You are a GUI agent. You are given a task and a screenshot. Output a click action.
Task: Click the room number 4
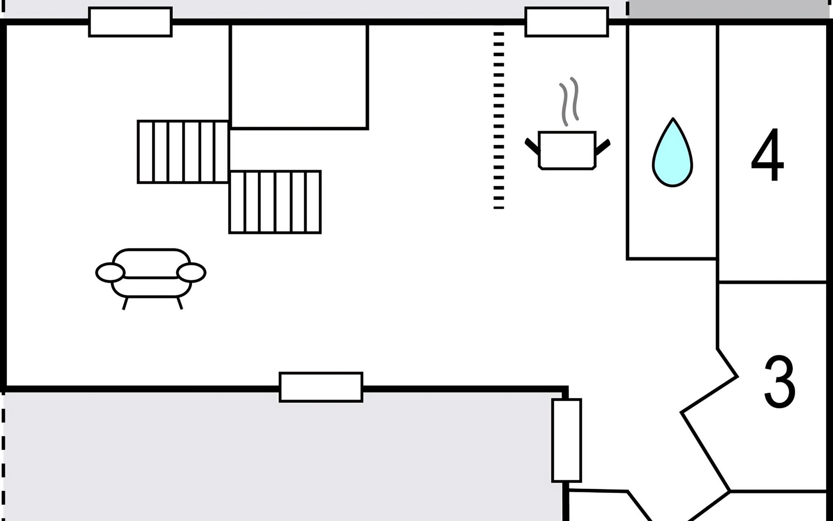[767, 155]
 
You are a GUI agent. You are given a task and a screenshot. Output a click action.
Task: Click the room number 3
[779, 382]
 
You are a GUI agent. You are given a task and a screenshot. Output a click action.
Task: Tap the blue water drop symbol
[672, 155]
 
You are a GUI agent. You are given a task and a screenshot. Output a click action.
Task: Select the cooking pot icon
[567, 150]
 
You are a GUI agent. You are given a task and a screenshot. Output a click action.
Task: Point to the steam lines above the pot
[569, 102]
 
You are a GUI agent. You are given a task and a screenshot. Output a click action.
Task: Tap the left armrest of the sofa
[110, 273]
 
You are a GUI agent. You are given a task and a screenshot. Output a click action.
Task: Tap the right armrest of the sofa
[191, 273]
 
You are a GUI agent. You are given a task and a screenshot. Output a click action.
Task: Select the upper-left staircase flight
[183, 152]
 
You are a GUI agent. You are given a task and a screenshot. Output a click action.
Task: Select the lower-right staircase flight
[275, 202]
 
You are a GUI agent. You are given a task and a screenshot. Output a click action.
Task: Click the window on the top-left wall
[130, 22]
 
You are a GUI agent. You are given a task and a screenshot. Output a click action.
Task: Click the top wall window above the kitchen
[567, 22]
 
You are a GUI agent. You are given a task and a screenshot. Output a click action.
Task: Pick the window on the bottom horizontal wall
[321, 387]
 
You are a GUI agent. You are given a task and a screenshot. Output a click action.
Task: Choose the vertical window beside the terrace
[567, 440]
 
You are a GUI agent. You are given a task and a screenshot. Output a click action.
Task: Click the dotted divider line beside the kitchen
[499, 120]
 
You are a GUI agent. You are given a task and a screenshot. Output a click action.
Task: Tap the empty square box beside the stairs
[299, 76]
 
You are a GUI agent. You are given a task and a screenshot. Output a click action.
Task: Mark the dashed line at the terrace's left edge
[3, 456]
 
